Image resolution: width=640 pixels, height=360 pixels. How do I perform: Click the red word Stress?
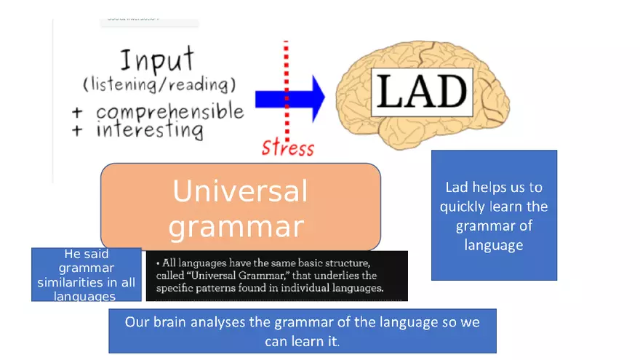tap(287, 148)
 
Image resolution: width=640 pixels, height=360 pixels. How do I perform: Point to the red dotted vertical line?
tap(286, 65)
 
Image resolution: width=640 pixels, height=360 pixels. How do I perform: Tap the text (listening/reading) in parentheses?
tap(159, 84)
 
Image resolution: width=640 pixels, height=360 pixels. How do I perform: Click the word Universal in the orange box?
tap(240, 191)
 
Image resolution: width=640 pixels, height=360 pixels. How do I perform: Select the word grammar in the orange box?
tap(236, 227)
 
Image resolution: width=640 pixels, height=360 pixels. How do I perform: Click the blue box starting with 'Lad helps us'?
tap(494, 215)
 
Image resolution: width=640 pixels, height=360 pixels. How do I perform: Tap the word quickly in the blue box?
tap(465, 207)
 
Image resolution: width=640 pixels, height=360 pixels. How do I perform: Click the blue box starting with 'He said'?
tap(87, 275)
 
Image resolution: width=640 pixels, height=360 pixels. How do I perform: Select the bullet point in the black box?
tap(158, 263)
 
